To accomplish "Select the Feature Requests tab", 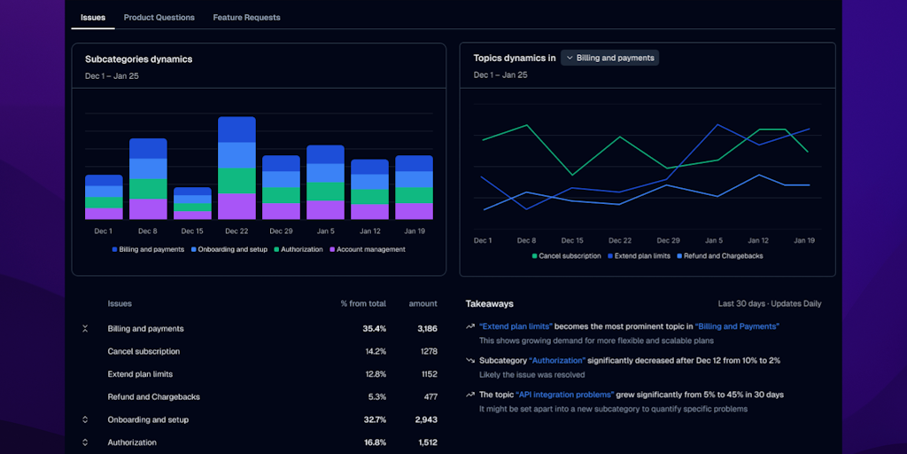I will click(246, 18).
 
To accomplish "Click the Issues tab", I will click(93, 18).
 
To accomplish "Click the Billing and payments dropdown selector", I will click(609, 58).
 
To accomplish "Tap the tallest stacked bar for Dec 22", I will click(236, 168).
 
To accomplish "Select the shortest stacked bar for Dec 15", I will click(192, 203).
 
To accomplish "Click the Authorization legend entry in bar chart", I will click(298, 250).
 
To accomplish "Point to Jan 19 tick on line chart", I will click(804, 240).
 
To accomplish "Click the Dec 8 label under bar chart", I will click(148, 231).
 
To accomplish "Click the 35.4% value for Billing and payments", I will click(374, 329).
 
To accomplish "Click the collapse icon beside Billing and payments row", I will click(85, 329).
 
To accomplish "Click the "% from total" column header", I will click(363, 304).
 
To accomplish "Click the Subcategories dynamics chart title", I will click(138, 59).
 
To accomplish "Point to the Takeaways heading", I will click(489, 304).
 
